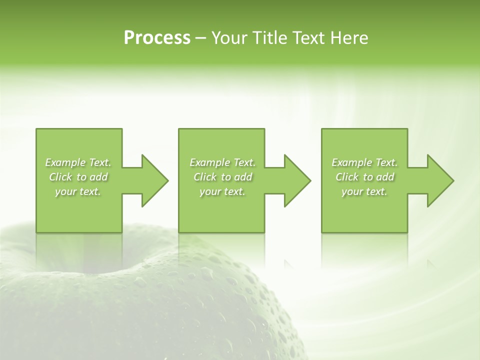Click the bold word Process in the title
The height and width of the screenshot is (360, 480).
point(157,38)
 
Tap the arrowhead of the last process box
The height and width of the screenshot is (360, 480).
point(440,180)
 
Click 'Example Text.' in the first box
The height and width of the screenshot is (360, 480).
point(78,162)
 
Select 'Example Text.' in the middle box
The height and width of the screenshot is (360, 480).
point(222,162)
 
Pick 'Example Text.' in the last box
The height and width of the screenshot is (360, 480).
point(364,162)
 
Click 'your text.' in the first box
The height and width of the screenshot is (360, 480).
point(78,191)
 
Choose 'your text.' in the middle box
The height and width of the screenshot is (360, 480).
point(222,191)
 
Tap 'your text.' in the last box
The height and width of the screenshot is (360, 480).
point(364,191)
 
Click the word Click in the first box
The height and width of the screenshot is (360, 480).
point(60,177)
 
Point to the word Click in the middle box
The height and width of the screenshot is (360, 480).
point(205,177)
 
